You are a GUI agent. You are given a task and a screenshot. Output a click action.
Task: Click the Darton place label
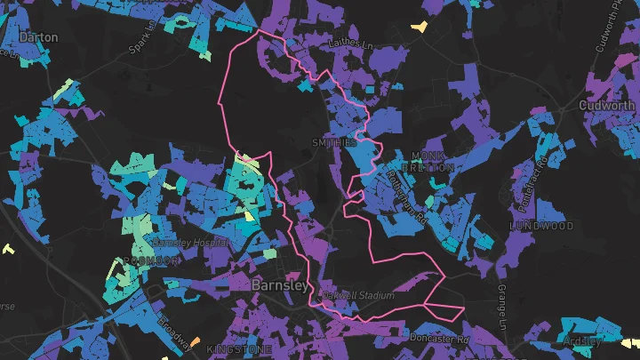(37, 37)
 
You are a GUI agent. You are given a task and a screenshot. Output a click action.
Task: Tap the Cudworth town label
(608, 104)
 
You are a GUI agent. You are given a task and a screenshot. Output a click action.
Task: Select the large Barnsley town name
(281, 285)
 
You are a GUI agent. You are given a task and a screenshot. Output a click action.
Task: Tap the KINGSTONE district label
(235, 350)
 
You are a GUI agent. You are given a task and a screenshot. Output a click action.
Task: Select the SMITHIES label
(334, 142)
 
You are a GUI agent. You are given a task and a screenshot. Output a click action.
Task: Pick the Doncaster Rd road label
(439, 339)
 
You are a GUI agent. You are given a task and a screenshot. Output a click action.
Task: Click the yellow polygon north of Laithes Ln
(418, 27)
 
